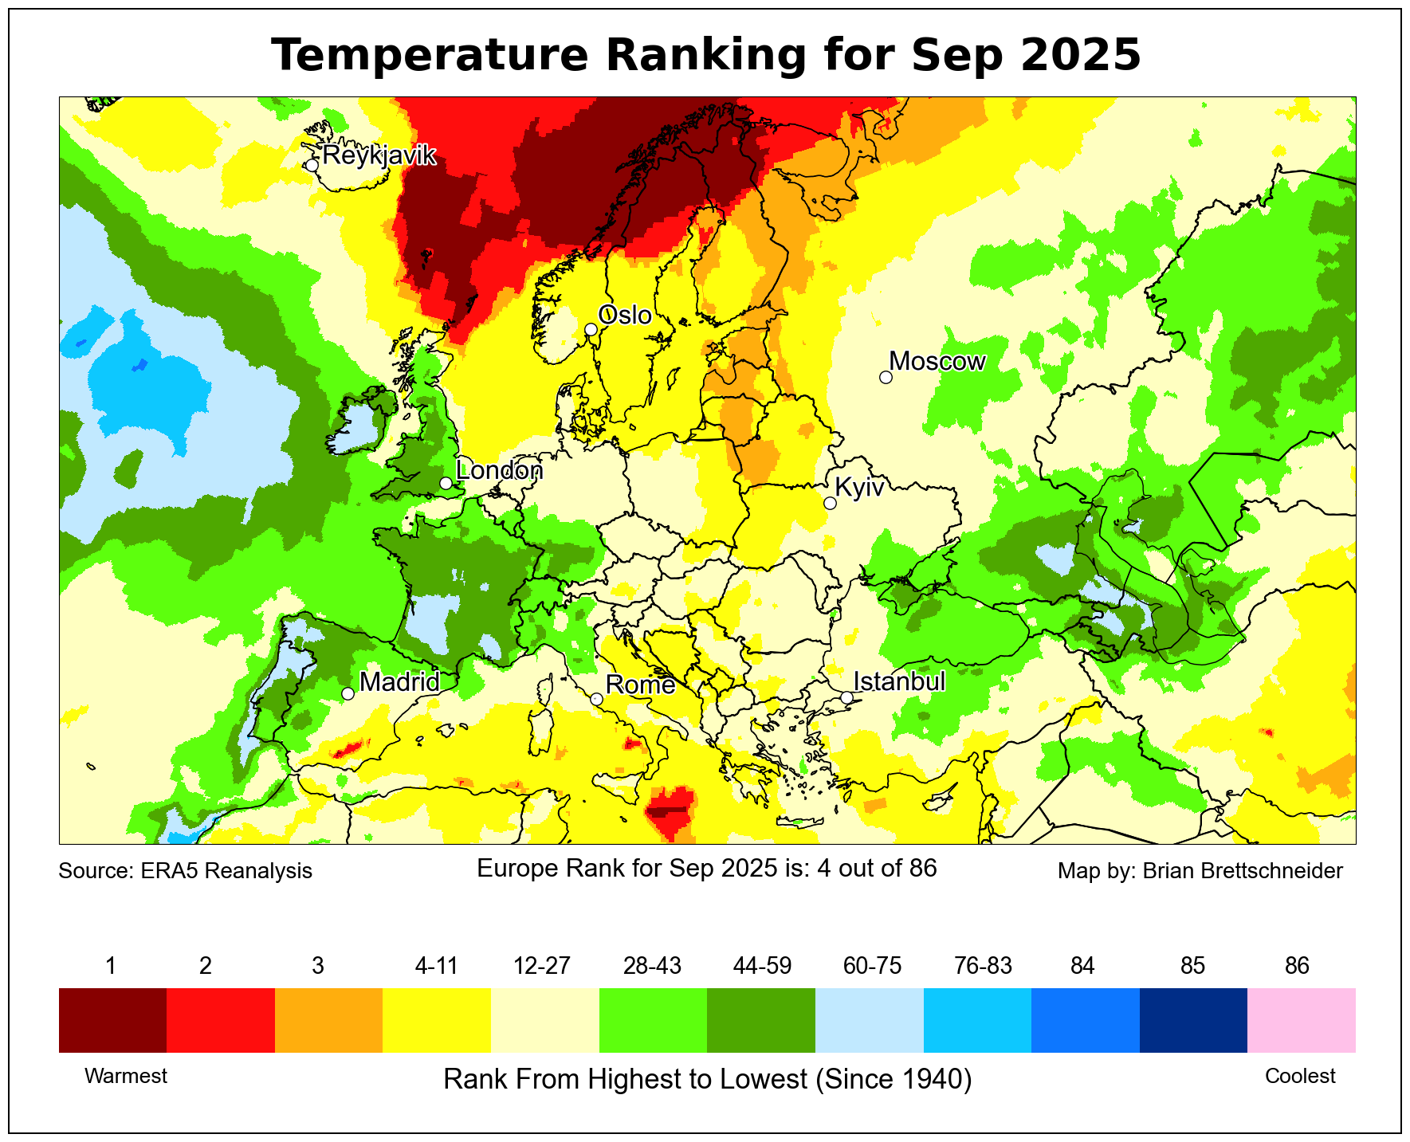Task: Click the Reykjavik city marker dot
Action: click(312, 165)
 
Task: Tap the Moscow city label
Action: click(937, 362)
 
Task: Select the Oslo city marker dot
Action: click(591, 329)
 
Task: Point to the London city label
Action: click(499, 470)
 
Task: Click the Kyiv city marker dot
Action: click(830, 503)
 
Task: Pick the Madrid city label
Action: click(399, 682)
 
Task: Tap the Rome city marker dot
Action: click(596, 699)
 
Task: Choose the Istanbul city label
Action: click(899, 681)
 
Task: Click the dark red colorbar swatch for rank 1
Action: click(112, 1020)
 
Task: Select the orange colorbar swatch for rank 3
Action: click(328, 1020)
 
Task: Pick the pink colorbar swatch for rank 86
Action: click(1301, 1020)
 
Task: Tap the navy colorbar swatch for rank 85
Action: click(1193, 1020)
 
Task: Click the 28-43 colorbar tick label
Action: click(652, 966)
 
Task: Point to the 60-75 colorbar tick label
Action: click(872, 966)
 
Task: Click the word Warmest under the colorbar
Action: click(126, 1076)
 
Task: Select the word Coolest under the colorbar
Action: click(1300, 1076)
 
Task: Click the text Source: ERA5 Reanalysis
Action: click(185, 870)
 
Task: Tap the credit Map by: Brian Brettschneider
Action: click(1200, 870)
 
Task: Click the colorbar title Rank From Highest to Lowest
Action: click(707, 1079)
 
